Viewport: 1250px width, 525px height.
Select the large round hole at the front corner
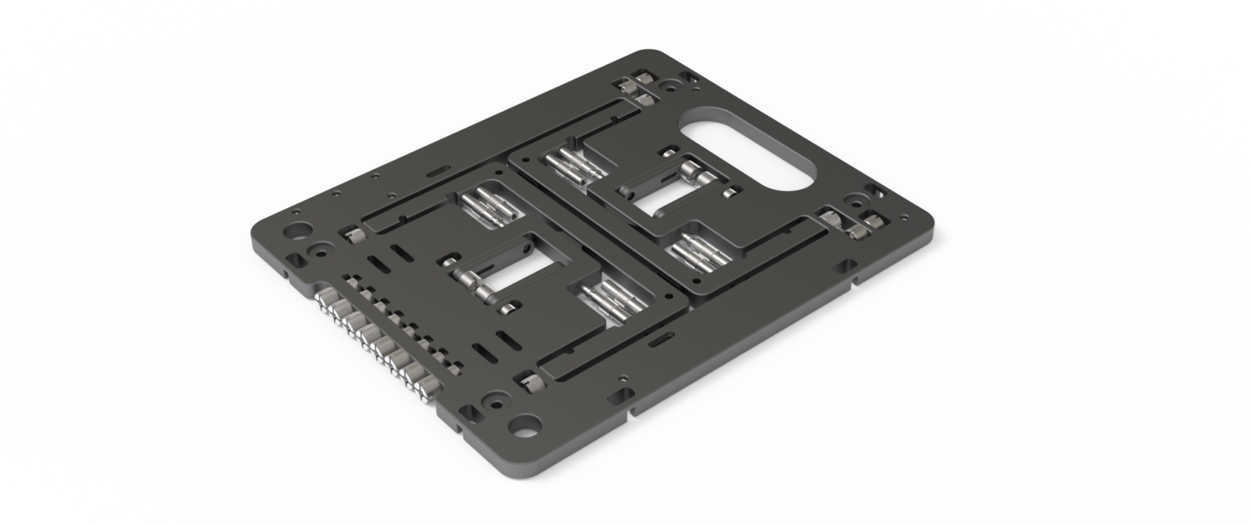[x=520, y=425]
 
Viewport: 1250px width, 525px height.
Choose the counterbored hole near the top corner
[x=668, y=85]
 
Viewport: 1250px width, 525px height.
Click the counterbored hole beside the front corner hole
[x=476, y=411]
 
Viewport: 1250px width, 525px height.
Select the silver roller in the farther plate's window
[x=688, y=171]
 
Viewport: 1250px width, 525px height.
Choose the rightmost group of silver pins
[x=695, y=251]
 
